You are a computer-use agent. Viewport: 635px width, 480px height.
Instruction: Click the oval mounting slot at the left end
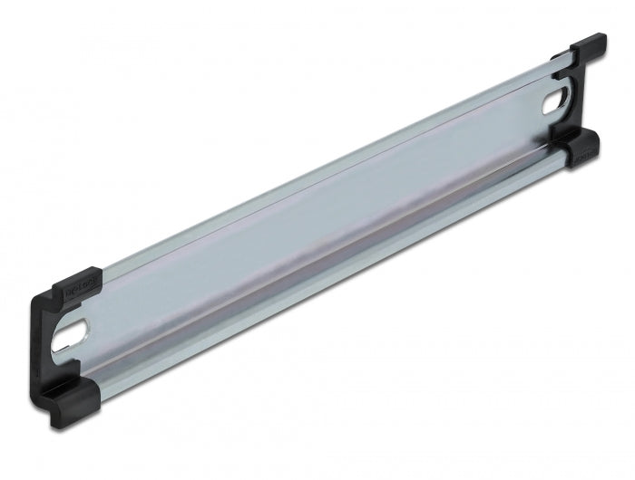click(77, 336)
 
